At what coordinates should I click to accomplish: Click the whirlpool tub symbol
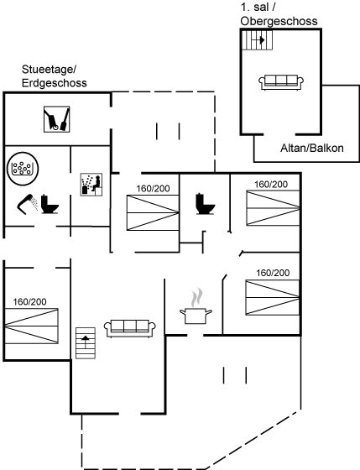[23, 169]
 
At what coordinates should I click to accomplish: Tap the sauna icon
[91, 185]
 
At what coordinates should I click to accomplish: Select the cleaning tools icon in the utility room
[57, 119]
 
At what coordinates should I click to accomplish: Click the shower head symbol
[26, 204]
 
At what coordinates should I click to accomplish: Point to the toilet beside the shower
[50, 204]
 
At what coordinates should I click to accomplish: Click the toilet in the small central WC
[206, 204]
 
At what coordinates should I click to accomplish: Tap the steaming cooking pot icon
[196, 306]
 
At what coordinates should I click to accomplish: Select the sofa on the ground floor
[130, 328]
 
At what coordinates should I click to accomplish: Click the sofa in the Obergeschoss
[281, 82]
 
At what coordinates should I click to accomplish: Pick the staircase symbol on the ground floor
[86, 343]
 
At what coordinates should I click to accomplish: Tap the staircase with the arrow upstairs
[257, 40]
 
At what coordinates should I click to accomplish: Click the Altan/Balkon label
[311, 148]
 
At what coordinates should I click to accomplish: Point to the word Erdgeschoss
[55, 83]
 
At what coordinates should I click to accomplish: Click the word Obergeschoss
[279, 21]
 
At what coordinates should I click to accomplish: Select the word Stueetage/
[50, 70]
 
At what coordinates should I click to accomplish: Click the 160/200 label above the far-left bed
[29, 302]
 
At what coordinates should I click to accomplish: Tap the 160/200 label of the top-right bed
[271, 185]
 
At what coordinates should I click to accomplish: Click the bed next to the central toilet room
[153, 213]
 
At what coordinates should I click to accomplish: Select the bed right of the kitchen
[273, 297]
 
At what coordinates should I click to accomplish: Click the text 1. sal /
[258, 8]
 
